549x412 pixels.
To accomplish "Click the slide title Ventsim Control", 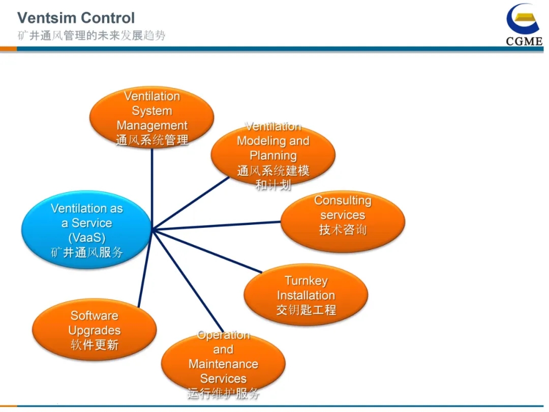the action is coord(76,18).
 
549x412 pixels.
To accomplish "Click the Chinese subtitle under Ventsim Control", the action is coord(91,36).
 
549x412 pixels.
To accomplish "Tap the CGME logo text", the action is coord(524,41).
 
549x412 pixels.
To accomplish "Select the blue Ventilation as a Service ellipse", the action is coord(86,229).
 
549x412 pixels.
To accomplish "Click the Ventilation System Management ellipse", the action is coord(152,117).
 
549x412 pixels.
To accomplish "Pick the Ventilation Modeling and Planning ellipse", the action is coord(273,155).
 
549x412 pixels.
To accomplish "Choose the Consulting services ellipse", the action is coord(343,221).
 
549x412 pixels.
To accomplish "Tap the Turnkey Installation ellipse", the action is coord(306,295).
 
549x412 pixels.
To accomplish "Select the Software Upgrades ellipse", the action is coord(94,330).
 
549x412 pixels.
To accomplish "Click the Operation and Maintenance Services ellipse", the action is coord(223,364).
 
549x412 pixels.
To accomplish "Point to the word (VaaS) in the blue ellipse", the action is coord(87,238).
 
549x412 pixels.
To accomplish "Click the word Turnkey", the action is coord(307,281).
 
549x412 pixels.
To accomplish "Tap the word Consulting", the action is coord(343,200).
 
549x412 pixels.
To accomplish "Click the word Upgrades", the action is coord(95,331).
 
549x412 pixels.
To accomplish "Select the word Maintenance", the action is coord(223,364).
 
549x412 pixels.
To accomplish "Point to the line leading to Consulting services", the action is coord(217,225).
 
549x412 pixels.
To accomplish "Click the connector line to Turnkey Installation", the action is coord(207,251).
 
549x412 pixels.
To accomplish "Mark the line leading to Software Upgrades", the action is coord(145,269).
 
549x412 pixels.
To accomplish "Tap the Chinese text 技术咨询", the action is coord(343,230).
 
